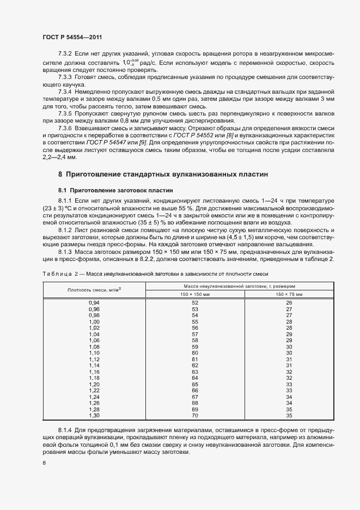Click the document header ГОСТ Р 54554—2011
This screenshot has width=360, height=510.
tap(72, 37)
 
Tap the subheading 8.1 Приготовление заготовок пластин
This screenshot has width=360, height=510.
tap(116, 191)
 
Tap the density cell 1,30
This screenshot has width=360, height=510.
tap(94, 415)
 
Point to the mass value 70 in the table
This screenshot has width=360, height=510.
tap(195, 415)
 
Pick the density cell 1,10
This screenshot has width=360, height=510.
tap(94, 353)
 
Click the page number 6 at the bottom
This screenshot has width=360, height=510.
tap(44, 463)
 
